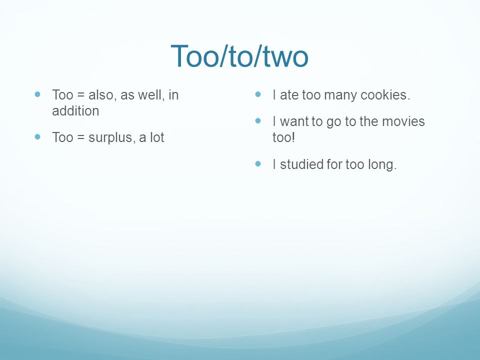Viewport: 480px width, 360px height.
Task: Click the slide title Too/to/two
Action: click(x=239, y=56)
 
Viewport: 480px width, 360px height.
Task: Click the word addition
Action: click(x=75, y=111)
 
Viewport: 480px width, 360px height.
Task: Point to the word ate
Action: click(x=289, y=95)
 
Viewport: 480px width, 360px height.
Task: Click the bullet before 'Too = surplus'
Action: click(x=37, y=137)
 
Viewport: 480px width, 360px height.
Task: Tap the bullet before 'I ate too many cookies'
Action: click(x=258, y=94)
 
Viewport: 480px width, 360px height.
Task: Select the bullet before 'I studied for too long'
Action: click(x=258, y=164)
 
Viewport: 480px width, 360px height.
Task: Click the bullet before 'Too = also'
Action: click(x=37, y=94)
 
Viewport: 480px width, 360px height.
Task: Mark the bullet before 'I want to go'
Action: click(x=258, y=121)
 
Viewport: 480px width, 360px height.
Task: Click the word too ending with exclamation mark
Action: click(x=284, y=137)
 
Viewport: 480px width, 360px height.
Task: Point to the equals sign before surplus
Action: click(x=81, y=138)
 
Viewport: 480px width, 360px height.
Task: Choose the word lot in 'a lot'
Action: click(x=157, y=137)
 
